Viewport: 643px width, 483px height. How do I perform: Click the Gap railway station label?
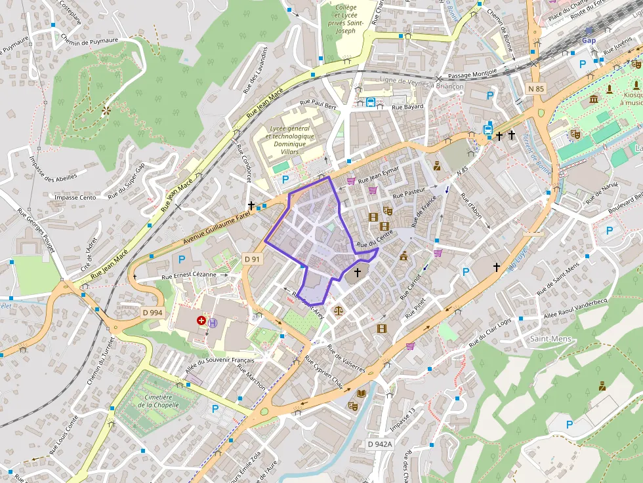(x=589, y=39)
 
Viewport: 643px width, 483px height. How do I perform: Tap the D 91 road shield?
(x=252, y=259)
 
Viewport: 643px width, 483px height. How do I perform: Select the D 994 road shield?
(x=152, y=313)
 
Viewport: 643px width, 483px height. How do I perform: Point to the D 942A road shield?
(x=379, y=444)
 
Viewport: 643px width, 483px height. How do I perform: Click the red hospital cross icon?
(x=201, y=321)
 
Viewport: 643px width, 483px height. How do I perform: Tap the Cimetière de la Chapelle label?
(x=155, y=400)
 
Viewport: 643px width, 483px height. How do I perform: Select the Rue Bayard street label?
(x=407, y=106)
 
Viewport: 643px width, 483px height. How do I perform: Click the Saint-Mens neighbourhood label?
(x=550, y=339)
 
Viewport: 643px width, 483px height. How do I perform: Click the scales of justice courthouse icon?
(x=339, y=310)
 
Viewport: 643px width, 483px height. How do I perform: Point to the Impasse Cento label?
(x=75, y=197)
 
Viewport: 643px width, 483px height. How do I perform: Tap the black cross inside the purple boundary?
(x=358, y=271)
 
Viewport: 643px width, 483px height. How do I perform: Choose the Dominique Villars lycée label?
(x=290, y=144)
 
